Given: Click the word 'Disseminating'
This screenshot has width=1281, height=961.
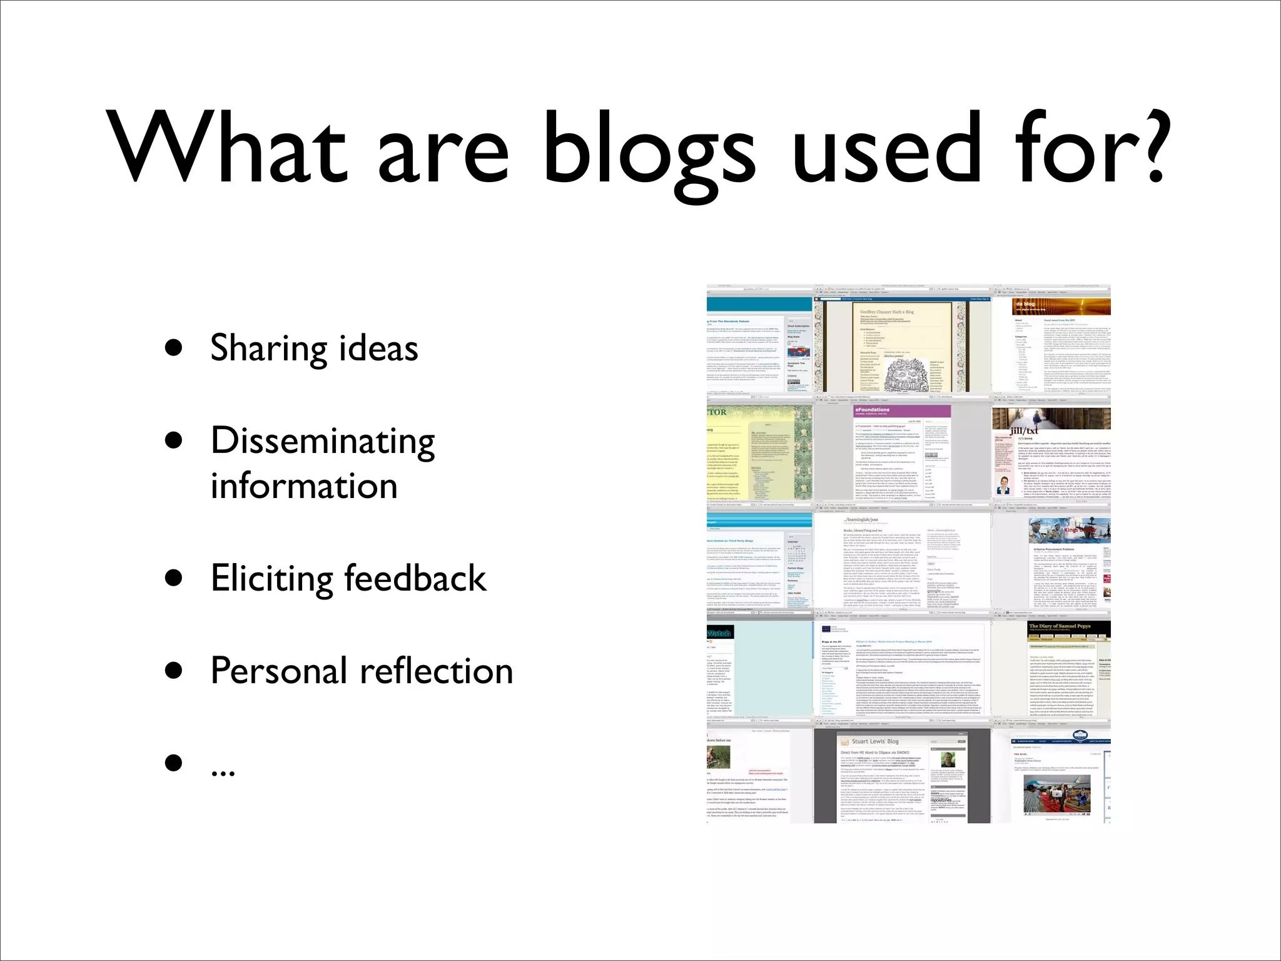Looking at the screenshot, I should (323, 442).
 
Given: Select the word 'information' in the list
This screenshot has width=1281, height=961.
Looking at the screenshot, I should (304, 487).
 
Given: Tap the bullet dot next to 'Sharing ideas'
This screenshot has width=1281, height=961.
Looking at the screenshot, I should (174, 348).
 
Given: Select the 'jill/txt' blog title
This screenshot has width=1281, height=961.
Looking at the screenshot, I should (1024, 430).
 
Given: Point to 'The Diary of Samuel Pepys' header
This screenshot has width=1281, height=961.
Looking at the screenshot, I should (1060, 626).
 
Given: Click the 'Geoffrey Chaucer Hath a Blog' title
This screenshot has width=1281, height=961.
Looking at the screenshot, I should (886, 312).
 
